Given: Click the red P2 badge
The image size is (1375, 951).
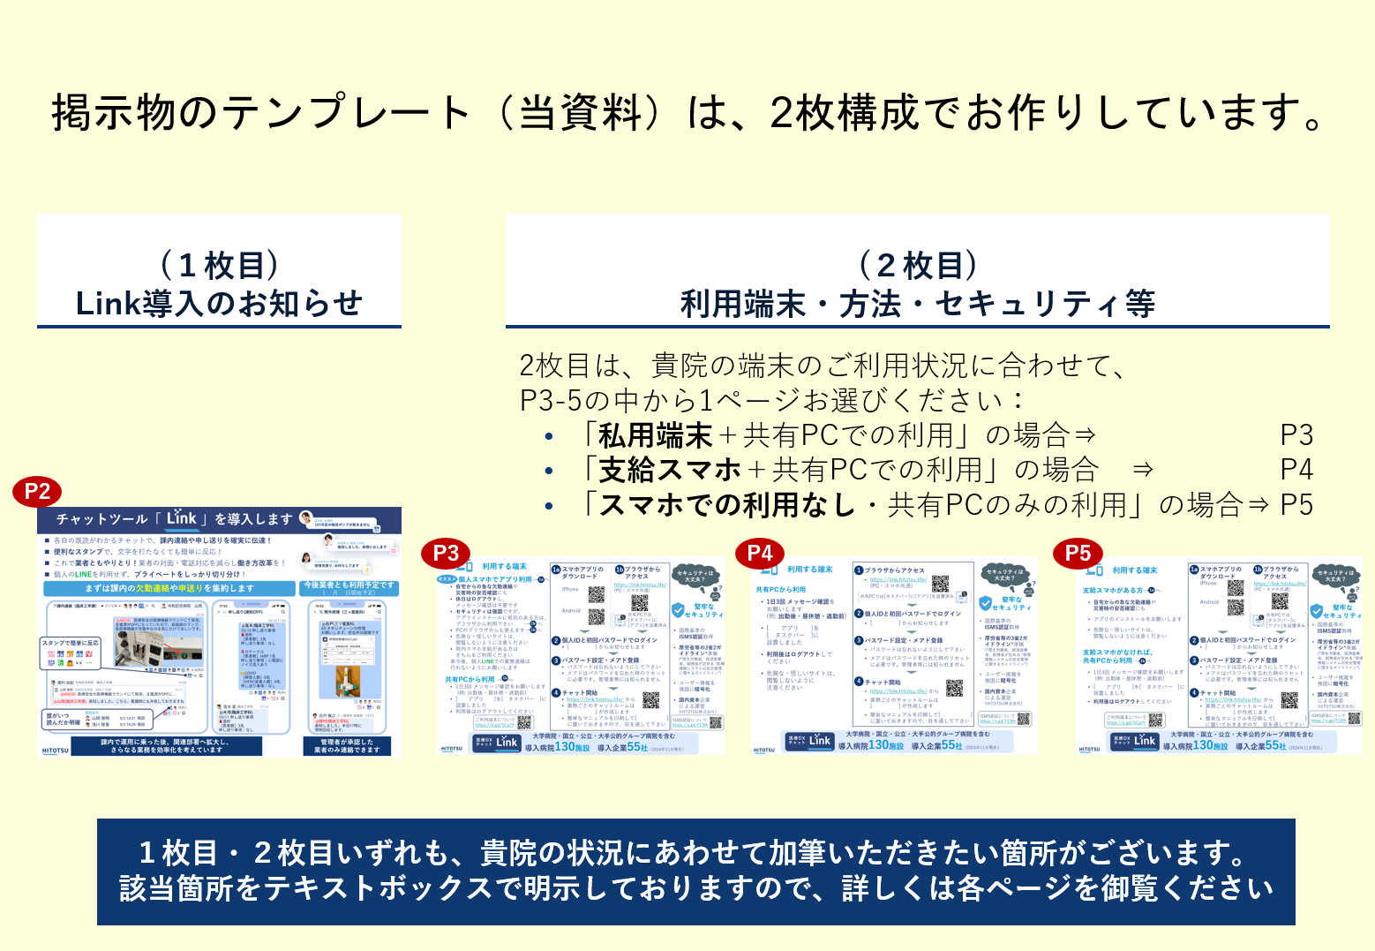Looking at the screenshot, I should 37,492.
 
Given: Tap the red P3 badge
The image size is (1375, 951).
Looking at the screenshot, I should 447,553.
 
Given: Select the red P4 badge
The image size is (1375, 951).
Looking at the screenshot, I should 760,553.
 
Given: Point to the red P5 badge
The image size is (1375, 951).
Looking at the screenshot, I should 1078,553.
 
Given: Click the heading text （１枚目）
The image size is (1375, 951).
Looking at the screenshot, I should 219,265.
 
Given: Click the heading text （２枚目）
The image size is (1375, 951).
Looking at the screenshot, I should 918,265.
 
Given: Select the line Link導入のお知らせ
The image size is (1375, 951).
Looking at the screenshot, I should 219,304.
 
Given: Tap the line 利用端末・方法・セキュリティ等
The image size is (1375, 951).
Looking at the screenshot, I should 918,305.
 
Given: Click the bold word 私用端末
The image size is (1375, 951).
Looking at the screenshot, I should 655,435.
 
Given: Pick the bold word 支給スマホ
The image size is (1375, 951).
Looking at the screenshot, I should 670,470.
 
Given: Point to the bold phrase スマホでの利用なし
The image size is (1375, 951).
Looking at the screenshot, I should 727,505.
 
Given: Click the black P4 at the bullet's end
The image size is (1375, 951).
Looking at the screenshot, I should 1296,470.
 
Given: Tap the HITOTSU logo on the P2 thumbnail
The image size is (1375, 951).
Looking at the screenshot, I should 55,751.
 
